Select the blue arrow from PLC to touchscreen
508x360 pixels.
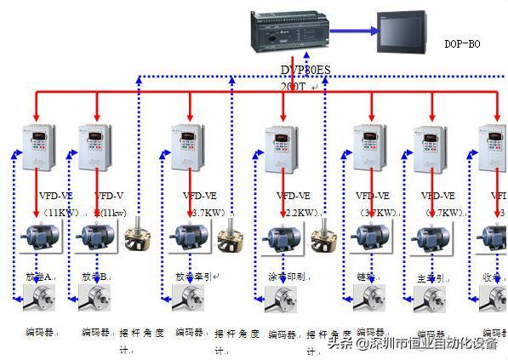tap(354, 31)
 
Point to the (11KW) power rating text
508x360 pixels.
tap(58, 211)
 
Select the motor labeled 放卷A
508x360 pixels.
tap(37, 237)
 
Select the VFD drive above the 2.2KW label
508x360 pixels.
tap(282, 148)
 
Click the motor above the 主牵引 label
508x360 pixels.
tap(429, 238)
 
